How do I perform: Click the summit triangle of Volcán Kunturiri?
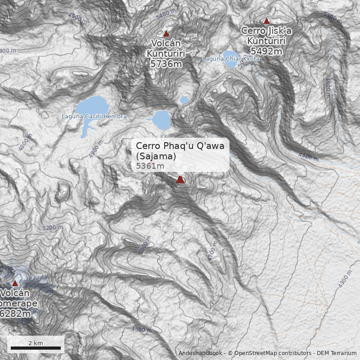166,34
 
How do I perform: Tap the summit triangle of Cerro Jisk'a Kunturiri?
266,21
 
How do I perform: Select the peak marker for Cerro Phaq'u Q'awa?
180,180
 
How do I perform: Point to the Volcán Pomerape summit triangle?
15,283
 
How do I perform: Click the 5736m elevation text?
166,64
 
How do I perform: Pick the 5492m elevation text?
266,51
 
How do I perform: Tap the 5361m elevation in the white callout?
150,166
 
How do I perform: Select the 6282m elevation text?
16,314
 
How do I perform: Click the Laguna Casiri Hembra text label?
94,117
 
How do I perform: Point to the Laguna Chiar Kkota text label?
231,59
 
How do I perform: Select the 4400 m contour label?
308,157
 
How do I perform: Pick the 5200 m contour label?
53,228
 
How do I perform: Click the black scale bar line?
36,348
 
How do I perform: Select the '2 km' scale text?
36,343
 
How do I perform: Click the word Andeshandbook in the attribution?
200,353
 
